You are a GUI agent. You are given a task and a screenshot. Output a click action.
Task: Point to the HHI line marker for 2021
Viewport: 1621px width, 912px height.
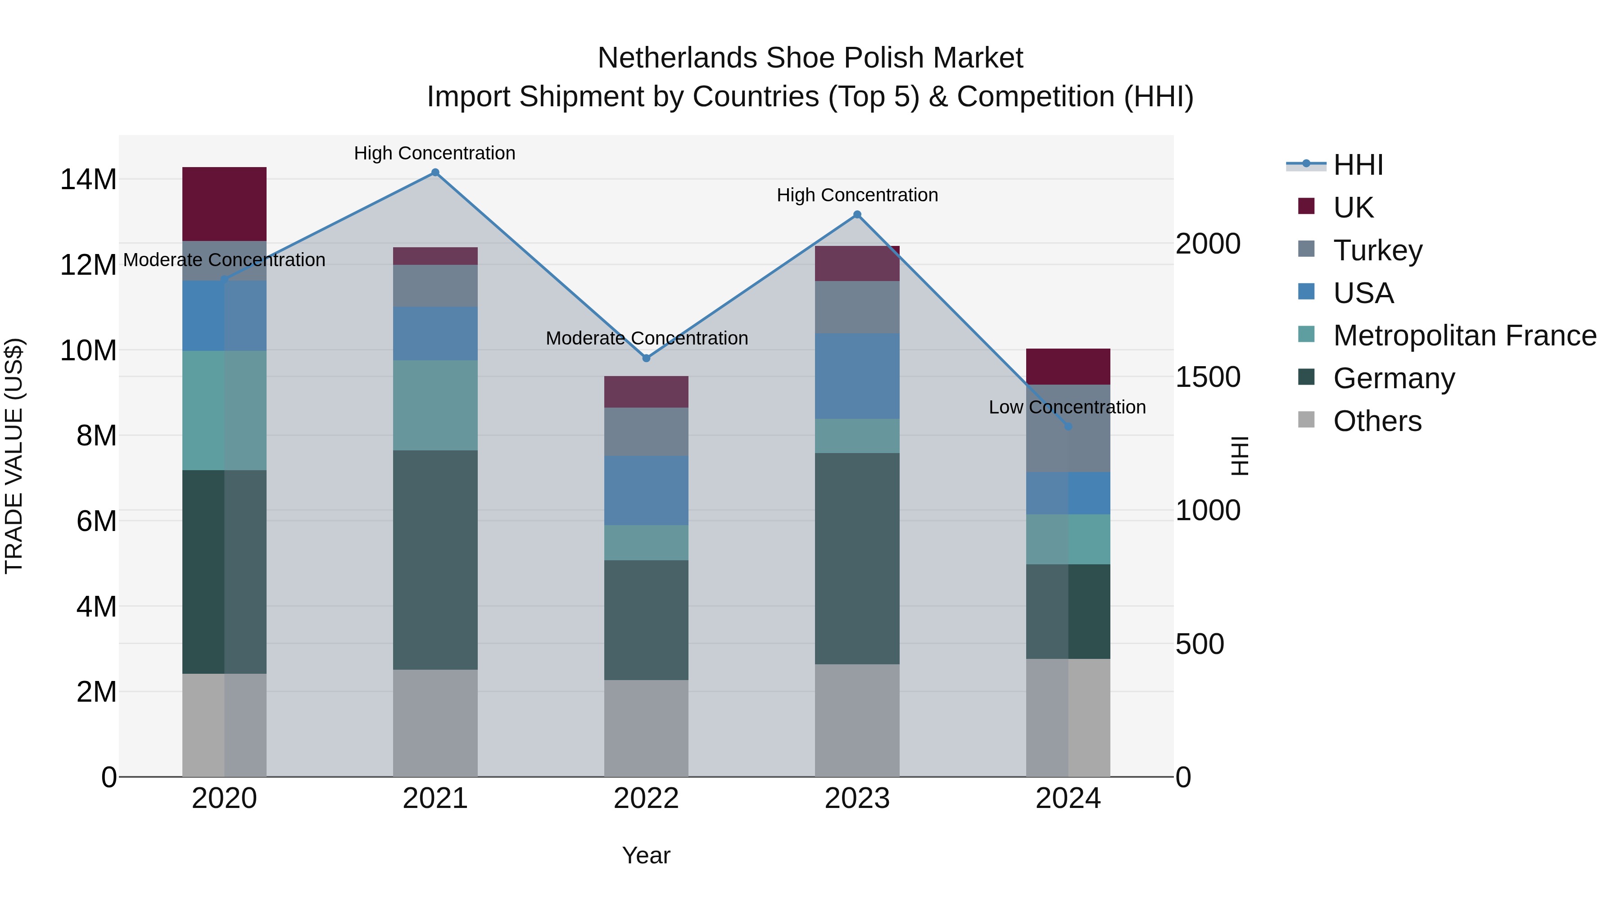click(x=435, y=172)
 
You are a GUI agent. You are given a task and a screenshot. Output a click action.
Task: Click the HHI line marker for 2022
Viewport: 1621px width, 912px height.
click(x=646, y=358)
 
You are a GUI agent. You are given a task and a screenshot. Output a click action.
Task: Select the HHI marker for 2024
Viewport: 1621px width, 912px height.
click(x=1068, y=427)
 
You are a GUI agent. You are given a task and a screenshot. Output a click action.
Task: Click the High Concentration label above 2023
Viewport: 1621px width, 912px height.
click(x=857, y=195)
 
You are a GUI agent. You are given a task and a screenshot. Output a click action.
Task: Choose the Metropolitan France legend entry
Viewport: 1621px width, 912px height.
click(x=1464, y=336)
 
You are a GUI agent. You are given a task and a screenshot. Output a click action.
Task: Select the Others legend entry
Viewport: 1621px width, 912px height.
click(x=1377, y=421)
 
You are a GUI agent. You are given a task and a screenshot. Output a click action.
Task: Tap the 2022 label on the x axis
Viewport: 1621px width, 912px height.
click(x=646, y=799)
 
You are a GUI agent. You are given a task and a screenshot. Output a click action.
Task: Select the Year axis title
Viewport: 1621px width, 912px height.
click(x=646, y=855)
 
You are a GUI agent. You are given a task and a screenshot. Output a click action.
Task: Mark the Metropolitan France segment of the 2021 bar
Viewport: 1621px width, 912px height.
click(x=435, y=405)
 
